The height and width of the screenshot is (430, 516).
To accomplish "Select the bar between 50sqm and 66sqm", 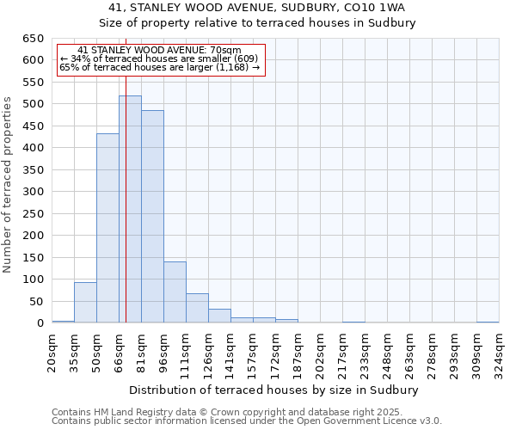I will (x=107, y=228).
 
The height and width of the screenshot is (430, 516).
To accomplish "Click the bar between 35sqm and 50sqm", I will (x=85, y=303).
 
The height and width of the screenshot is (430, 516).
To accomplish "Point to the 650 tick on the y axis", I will (x=34, y=39).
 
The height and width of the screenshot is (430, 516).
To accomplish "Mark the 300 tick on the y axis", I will (x=34, y=192).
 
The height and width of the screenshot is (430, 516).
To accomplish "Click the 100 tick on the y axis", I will (x=34, y=279).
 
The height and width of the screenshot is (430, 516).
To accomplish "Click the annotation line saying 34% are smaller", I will (x=159, y=58).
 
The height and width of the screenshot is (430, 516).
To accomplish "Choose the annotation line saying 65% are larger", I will (x=159, y=67).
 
